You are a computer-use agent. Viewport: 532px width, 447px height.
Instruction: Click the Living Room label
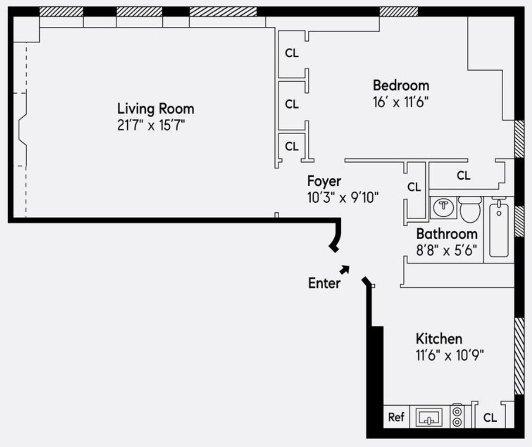point(155,109)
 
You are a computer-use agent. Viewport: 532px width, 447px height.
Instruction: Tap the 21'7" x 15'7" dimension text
point(154,126)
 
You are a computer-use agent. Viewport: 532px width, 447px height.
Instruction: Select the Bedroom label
point(401,86)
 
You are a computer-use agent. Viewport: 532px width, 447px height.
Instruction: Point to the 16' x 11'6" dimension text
point(401,102)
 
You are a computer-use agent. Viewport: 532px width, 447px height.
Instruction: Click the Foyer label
point(324,181)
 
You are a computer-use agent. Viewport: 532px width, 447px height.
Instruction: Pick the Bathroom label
point(446,233)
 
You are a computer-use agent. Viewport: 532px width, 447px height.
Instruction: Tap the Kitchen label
point(438,339)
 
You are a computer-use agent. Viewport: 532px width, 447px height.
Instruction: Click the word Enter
point(324,283)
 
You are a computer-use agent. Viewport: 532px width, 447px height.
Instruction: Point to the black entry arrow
point(345,269)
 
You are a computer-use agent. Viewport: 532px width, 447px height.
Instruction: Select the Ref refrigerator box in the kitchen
point(396,417)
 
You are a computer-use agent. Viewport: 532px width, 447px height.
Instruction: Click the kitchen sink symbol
point(428,417)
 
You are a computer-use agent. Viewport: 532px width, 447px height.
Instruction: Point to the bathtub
point(499,229)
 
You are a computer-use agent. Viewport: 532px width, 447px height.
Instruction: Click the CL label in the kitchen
point(490,417)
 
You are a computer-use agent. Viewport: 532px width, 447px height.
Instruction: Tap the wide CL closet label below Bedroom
point(463,176)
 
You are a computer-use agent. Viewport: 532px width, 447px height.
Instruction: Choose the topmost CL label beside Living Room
point(291,53)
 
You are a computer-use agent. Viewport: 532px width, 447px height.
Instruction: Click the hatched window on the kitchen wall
point(519,356)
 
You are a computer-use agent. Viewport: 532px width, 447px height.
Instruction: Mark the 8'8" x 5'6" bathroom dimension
point(446,250)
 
